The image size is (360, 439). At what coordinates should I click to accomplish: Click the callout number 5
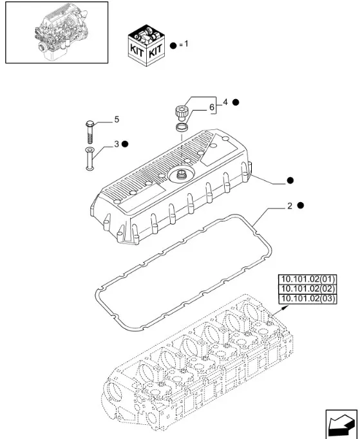tap(117, 120)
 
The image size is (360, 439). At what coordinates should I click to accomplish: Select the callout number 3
tap(117, 144)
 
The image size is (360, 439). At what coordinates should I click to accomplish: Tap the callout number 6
tap(212, 107)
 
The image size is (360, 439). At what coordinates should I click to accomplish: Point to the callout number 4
tap(225, 102)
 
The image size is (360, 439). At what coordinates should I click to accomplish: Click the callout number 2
tap(290, 206)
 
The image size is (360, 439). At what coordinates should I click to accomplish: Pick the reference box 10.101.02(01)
tap(308, 279)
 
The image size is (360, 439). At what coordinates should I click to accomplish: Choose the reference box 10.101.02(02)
tap(308, 289)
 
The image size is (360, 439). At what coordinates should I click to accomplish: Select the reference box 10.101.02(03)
tap(308, 299)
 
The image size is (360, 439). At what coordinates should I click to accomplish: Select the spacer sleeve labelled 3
tap(90, 158)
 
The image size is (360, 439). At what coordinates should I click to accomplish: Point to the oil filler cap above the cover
tap(181, 113)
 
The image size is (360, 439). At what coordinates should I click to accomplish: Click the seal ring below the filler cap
tap(181, 127)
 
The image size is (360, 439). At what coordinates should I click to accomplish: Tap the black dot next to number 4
tap(236, 102)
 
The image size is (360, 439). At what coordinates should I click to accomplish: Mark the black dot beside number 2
tap(301, 205)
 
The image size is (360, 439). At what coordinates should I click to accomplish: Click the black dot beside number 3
tap(125, 144)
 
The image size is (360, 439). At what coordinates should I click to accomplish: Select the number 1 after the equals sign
tap(185, 44)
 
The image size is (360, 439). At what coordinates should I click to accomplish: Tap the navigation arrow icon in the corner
tap(341, 424)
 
